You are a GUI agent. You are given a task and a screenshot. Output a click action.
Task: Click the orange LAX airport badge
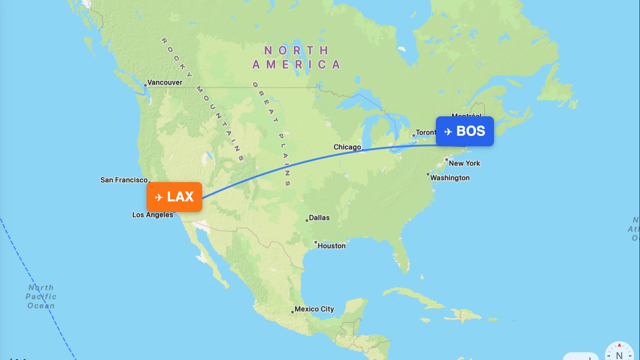tap(174, 197)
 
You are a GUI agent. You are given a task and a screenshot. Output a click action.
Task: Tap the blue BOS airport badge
tap(465, 131)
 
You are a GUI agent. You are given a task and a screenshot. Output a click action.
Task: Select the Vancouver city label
tap(165, 82)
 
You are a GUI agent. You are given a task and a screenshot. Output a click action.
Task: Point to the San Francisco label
tap(124, 180)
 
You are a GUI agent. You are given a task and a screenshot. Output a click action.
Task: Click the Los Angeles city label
tap(153, 215)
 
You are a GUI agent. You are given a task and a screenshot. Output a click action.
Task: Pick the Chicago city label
tap(347, 147)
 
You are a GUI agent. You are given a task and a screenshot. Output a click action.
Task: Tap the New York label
tap(464, 163)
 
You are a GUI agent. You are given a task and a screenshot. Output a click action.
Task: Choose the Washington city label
tap(450, 178)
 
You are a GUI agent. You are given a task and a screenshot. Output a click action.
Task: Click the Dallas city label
tap(319, 218)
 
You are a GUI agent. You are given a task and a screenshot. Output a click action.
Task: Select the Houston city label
tap(332, 246)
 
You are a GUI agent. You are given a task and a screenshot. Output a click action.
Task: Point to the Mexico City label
tap(314, 309)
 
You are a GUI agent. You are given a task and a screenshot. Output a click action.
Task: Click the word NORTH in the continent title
tap(296, 51)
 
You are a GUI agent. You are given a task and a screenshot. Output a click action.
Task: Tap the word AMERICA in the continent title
tap(296, 65)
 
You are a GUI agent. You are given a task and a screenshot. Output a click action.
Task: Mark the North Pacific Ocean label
tap(41, 296)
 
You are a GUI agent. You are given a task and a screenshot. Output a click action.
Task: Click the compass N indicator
tap(619, 354)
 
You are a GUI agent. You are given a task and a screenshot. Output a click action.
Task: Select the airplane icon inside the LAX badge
tap(159, 197)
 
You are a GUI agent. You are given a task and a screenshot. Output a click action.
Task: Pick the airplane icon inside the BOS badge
tap(448, 132)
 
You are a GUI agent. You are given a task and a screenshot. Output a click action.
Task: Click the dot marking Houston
tap(316, 242)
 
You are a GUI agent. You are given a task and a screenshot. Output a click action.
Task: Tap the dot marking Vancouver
tap(145, 85)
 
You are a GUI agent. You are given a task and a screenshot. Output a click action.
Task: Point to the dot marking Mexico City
tap(292, 312)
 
